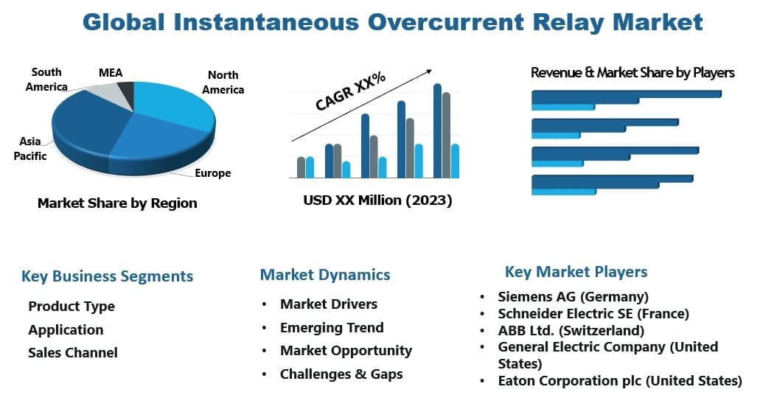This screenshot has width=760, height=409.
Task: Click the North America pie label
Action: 223,82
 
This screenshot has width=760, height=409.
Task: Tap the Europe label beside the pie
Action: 212,173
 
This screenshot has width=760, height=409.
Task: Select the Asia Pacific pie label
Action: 30,148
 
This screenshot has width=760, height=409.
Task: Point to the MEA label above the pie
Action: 111,73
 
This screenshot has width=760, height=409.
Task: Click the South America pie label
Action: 46,80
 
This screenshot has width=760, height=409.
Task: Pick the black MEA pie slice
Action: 126,92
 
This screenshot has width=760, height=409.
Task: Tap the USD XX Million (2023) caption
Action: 377,200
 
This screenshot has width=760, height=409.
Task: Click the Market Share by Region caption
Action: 117,203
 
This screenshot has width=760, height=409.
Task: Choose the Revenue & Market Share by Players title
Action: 632,72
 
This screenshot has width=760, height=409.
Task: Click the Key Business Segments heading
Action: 107,276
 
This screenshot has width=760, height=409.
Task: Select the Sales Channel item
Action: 73,352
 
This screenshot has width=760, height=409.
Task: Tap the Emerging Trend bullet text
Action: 332,327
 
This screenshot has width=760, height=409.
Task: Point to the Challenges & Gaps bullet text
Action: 341,374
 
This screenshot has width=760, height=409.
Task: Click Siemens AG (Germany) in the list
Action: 573,296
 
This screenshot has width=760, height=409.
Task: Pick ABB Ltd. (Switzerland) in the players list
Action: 571,330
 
